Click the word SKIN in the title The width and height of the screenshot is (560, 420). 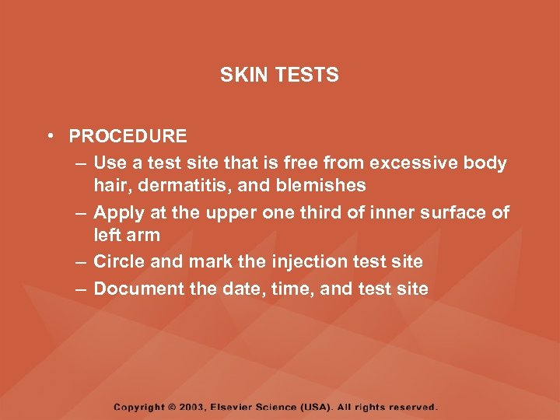240,75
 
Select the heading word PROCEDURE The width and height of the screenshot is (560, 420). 128,136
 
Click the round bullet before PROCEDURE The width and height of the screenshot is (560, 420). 49,136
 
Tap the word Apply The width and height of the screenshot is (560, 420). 117,212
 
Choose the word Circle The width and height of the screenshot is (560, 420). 118,262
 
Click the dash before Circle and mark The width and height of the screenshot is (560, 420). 82,262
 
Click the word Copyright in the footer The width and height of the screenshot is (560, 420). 139,407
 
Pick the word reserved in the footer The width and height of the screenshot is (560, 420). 413,407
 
